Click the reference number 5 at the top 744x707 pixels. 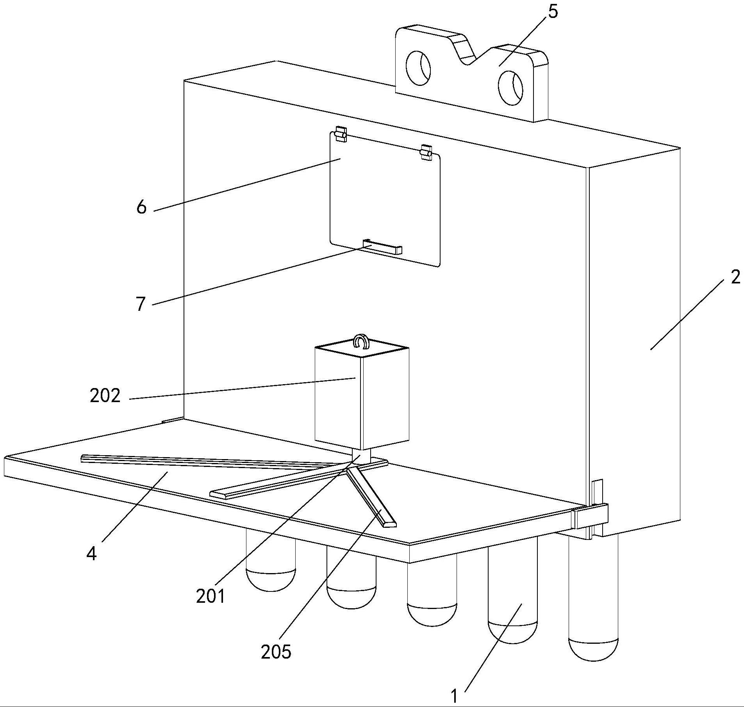coord(553,12)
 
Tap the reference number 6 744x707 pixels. coord(141,207)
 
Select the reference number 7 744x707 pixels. coord(141,304)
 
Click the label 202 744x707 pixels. coord(105,395)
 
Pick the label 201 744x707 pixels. coord(211,596)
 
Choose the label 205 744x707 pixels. coord(276,652)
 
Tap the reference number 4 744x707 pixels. coord(91,554)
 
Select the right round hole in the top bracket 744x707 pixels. coord(511,88)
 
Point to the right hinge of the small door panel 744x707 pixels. coord(426,152)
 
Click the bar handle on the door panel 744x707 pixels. coord(382,247)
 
